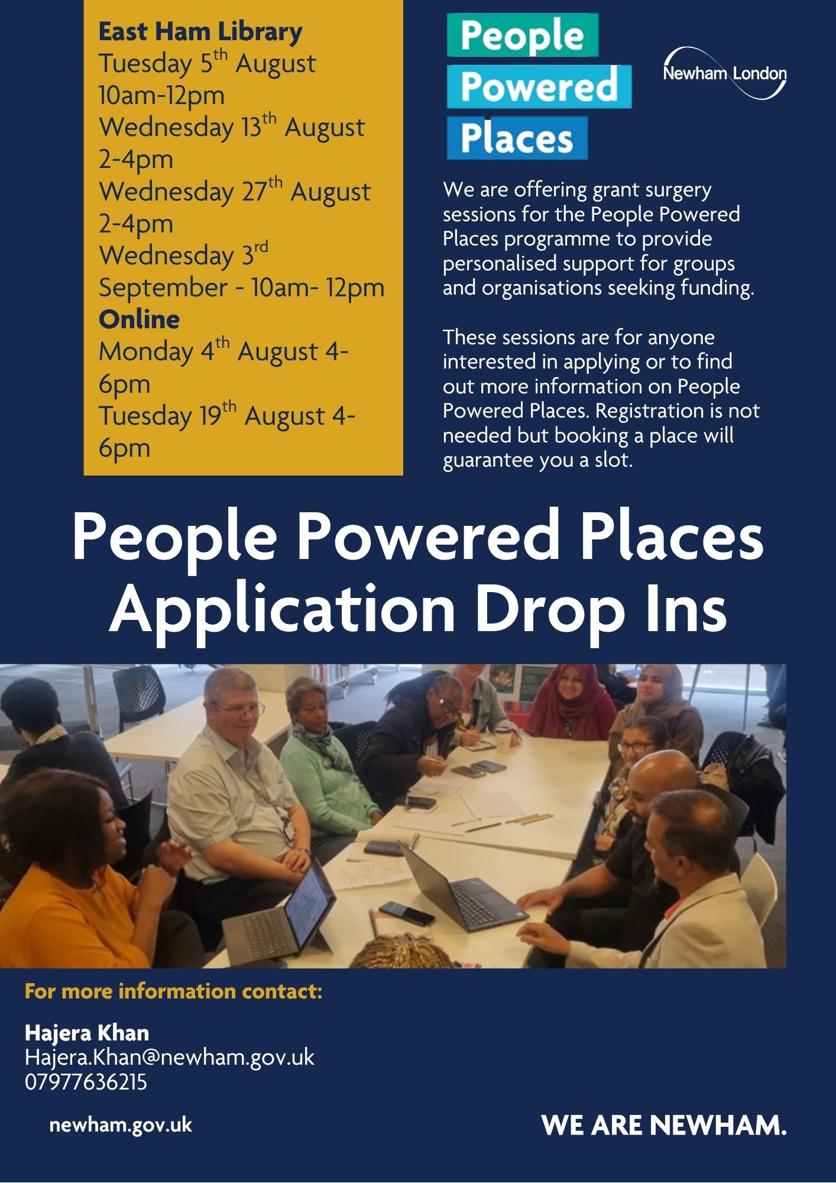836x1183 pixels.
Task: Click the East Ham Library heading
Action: [200, 32]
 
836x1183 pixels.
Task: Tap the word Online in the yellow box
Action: [139, 319]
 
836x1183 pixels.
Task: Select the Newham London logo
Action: [725, 73]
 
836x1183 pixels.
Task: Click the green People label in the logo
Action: [523, 35]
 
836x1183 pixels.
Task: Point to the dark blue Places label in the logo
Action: [517, 138]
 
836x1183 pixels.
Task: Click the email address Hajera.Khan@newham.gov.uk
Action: [170, 1057]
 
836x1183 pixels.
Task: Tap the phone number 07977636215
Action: [86, 1082]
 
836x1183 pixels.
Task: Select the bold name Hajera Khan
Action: [87, 1033]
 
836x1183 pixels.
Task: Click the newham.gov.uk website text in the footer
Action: [121, 1124]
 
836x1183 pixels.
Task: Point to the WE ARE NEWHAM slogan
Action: [664, 1125]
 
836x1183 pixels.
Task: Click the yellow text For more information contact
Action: [174, 991]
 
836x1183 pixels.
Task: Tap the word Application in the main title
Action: [283, 609]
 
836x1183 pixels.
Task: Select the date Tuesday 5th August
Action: [207, 63]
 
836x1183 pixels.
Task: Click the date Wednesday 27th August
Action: [235, 191]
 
